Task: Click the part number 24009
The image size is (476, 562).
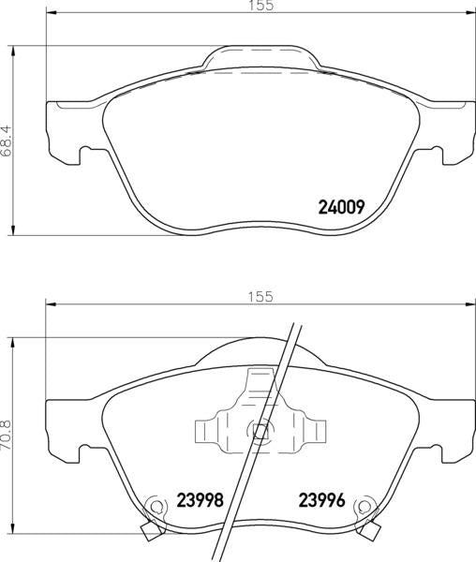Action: coord(341,207)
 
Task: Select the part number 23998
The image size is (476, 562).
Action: coord(200,500)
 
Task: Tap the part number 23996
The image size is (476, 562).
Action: coord(322,500)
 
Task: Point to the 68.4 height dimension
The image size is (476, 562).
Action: coord(7,140)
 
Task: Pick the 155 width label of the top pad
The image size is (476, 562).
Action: coord(260,6)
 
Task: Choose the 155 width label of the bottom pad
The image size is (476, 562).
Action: coord(260,296)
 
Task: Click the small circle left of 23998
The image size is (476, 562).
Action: coord(156,507)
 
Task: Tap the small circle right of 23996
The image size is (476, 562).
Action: coord(364,507)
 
